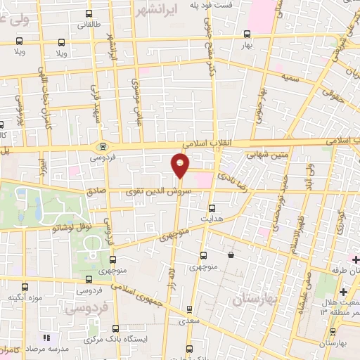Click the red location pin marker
[x=180, y=166]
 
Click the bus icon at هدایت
[x=212, y=208]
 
